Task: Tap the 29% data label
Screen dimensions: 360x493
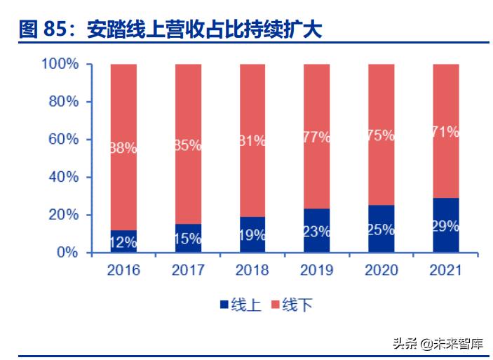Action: pyautogui.click(x=445, y=226)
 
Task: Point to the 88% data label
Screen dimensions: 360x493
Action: pyautogui.click(x=123, y=148)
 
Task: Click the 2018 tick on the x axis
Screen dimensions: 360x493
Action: pyautogui.click(x=252, y=270)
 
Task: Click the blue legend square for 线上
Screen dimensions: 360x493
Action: pyautogui.click(x=224, y=305)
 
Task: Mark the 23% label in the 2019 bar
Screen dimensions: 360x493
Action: pyautogui.click(x=317, y=231)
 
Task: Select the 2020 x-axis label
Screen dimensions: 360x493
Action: pyautogui.click(x=381, y=270)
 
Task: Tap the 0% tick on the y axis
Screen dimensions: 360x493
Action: pyautogui.click(x=69, y=253)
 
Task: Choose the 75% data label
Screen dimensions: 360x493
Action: pyautogui.click(x=381, y=136)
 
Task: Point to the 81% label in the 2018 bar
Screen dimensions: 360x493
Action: pyautogui.click(x=252, y=140)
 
